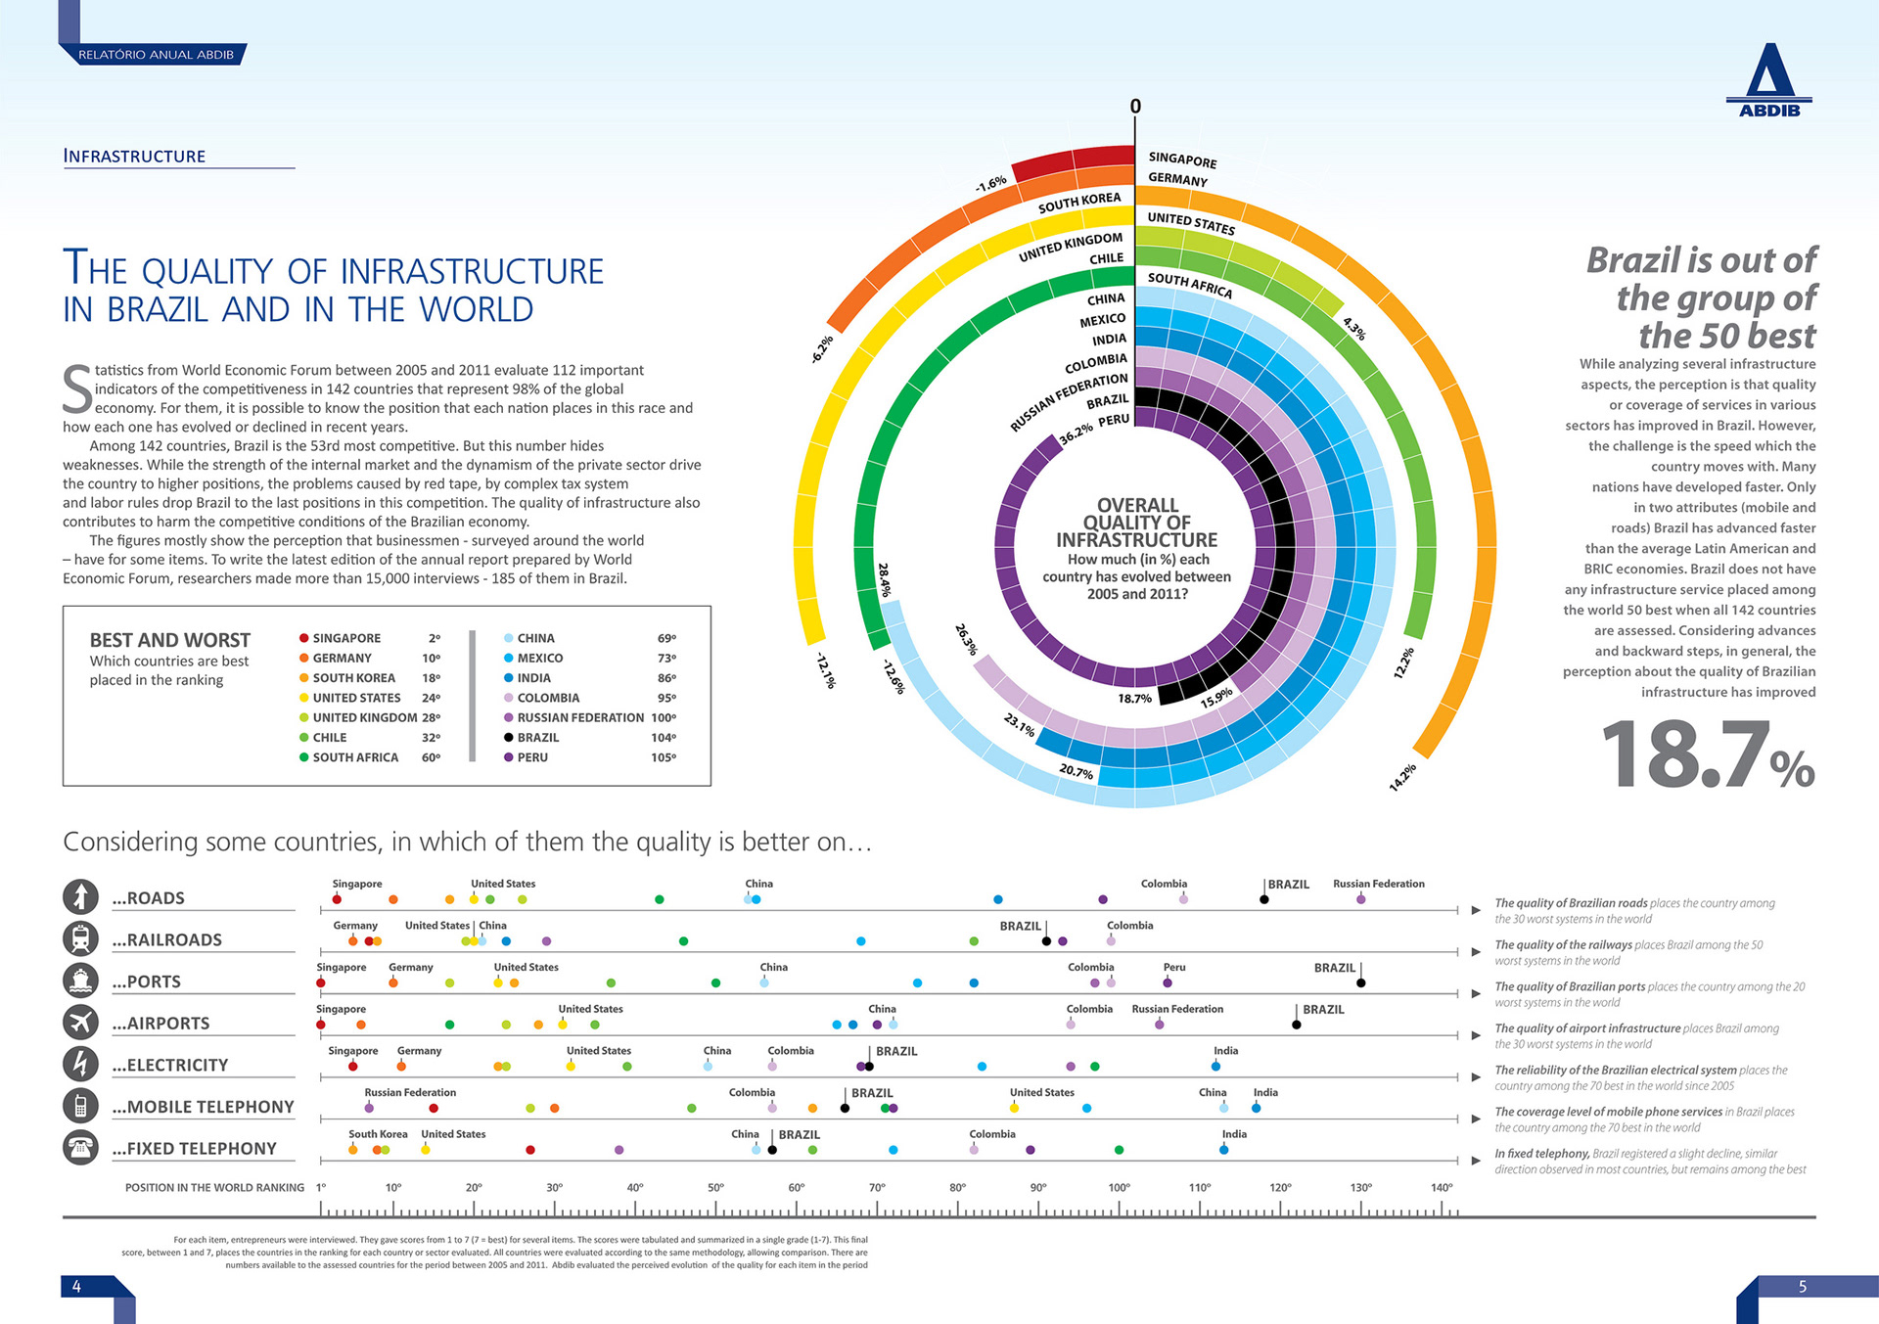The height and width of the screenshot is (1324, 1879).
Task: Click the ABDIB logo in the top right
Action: click(x=1768, y=79)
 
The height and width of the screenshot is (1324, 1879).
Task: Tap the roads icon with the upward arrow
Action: click(x=80, y=896)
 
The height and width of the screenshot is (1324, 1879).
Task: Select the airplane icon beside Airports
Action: click(x=80, y=1022)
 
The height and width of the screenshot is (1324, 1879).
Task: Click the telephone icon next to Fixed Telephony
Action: click(x=80, y=1147)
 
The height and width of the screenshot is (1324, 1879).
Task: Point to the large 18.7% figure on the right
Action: click(x=1707, y=754)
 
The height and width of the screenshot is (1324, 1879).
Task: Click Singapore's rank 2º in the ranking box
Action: click(x=435, y=638)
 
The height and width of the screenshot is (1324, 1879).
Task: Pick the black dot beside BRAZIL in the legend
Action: click(x=509, y=738)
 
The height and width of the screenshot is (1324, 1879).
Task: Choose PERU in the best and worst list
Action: click(x=532, y=757)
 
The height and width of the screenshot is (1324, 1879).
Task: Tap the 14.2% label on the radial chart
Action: click(x=1401, y=777)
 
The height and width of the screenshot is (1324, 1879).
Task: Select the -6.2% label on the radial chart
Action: click(x=822, y=349)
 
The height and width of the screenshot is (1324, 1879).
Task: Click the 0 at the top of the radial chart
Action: click(x=1135, y=106)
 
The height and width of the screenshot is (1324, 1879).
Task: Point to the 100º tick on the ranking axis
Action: click(x=1119, y=1188)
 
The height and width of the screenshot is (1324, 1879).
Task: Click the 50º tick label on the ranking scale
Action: click(x=715, y=1188)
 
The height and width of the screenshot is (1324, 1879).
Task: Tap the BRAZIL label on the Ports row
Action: click(x=1334, y=968)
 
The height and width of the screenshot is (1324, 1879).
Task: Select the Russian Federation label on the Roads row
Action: click(x=1378, y=884)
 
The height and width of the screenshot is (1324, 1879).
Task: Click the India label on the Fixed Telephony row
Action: click(x=1234, y=1134)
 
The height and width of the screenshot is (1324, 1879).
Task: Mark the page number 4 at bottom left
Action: click(x=76, y=1287)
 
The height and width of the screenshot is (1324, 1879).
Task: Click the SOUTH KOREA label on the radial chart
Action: click(x=1079, y=203)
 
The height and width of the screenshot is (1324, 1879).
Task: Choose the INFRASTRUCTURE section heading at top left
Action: click(x=134, y=157)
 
